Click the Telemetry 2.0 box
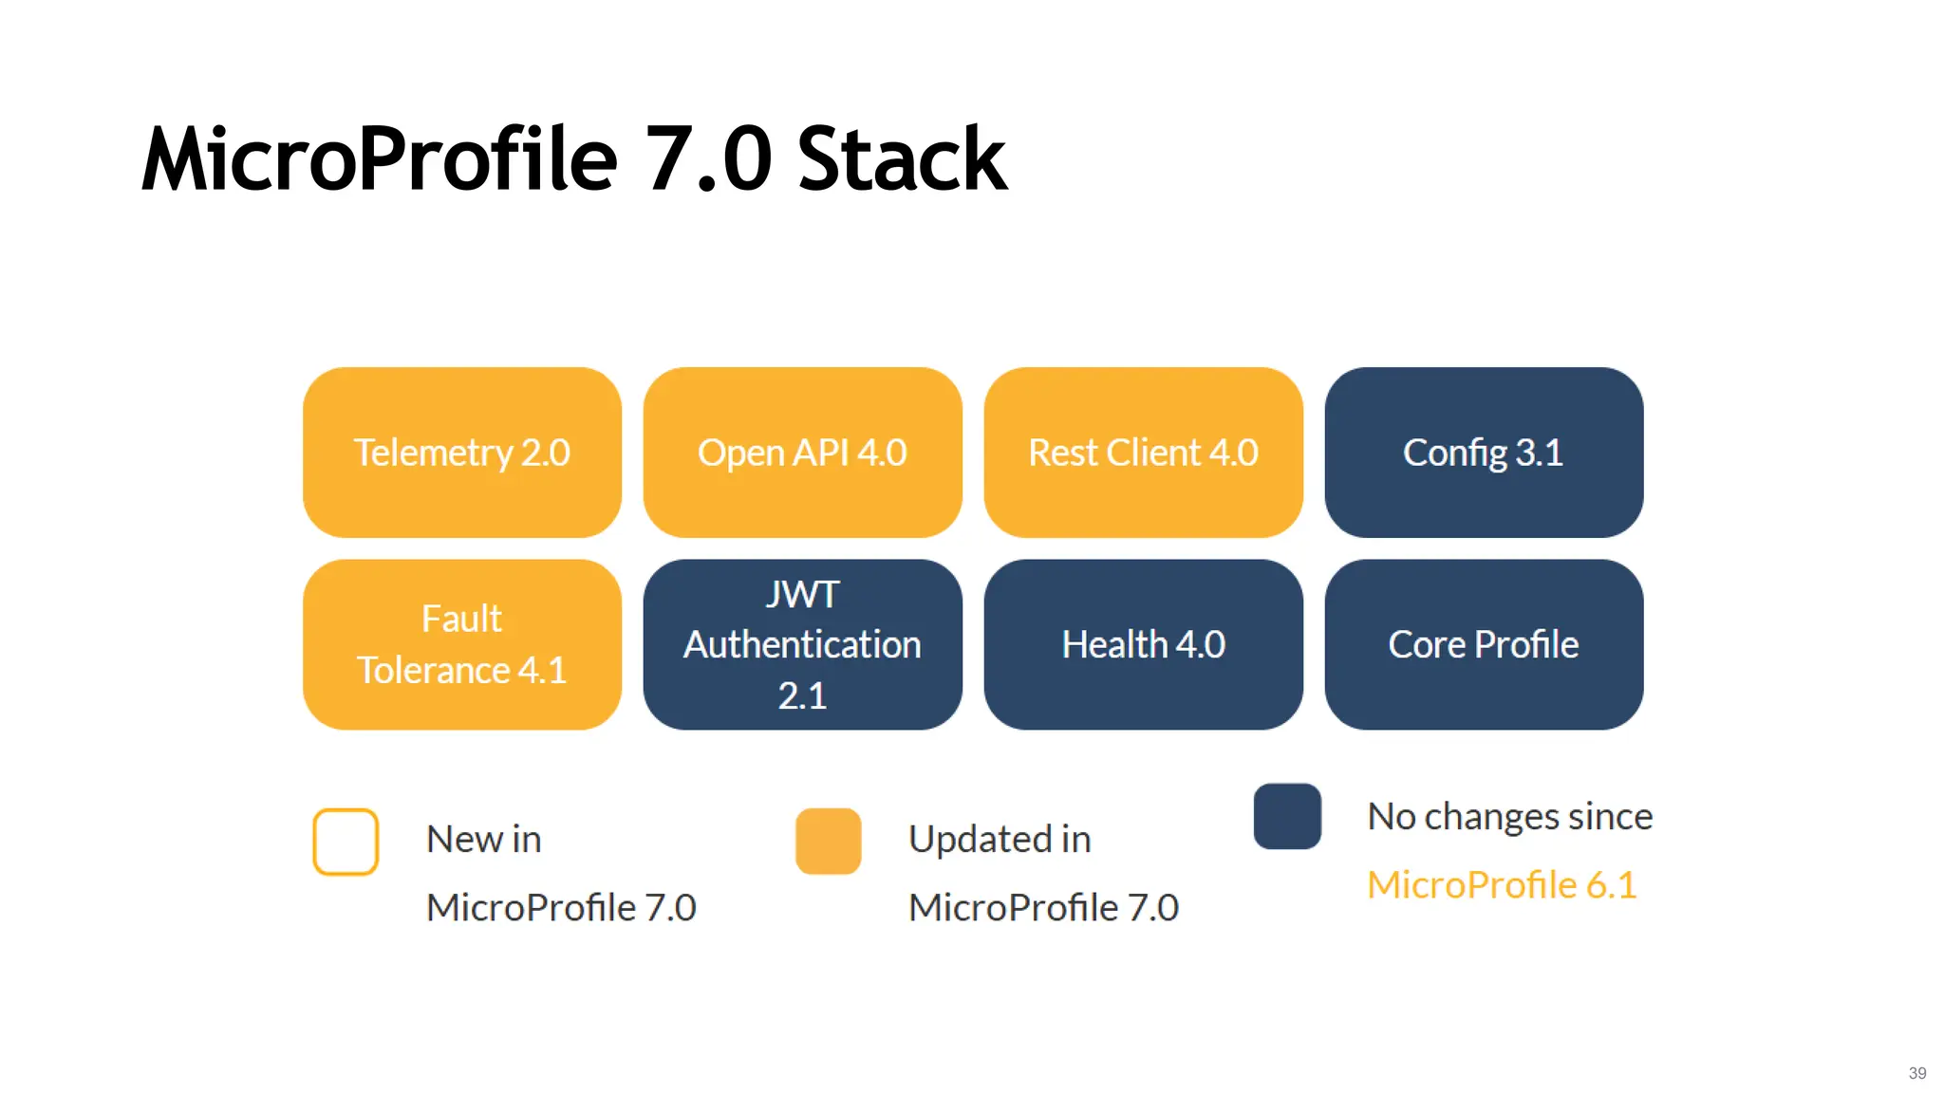(462, 453)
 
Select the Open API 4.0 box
(802, 453)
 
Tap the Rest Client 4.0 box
(1143, 453)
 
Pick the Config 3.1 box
(1484, 453)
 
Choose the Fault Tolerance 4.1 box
(462, 644)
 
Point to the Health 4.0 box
(1143, 644)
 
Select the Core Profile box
(1484, 644)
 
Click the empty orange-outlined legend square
(346, 842)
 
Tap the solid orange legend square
(828, 841)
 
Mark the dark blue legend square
(1287, 816)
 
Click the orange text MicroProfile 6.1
(1502, 884)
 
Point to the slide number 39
(1916, 1073)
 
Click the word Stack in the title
(901, 159)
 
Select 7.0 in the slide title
(707, 159)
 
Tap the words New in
(483, 839)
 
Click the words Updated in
(1000, 839)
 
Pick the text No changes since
(1509, 816)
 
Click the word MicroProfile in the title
(380, 159)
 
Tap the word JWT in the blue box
(802, 595)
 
